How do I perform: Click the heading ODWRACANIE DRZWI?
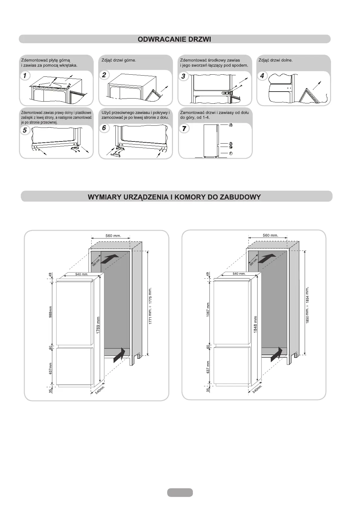point(174,39)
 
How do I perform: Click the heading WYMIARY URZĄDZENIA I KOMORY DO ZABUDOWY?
point(174,197)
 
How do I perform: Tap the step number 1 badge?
point(25,76)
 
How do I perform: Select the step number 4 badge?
point(262,76)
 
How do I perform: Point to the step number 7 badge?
point(184,128)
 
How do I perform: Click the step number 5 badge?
point(25,130)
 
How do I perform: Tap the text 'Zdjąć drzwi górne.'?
point(119,60)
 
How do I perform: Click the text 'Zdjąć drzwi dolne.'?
point(275,60)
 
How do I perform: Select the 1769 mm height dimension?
point(98,325)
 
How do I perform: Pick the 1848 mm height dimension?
point(255,325)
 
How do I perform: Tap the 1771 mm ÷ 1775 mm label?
point(150,306)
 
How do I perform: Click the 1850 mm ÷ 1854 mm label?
point(307,305)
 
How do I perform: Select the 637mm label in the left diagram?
point(50,368)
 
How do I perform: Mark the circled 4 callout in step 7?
point(231,125)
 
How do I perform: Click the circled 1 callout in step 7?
point(231,153)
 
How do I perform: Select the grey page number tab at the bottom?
point(180,492)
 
